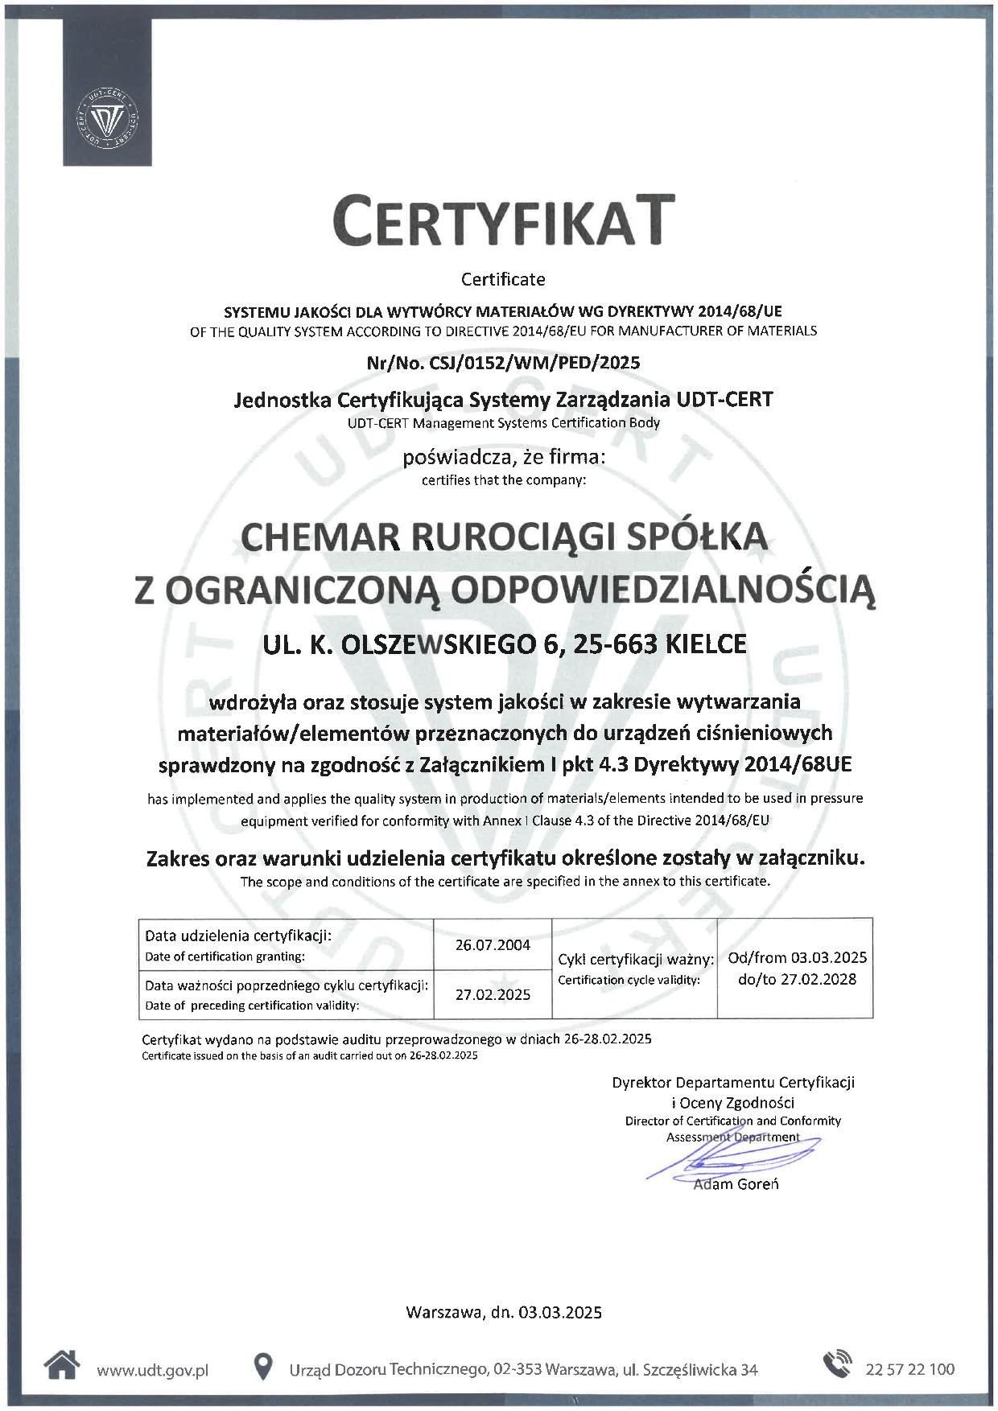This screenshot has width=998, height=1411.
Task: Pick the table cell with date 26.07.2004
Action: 493,945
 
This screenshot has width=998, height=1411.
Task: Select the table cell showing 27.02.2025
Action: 493,994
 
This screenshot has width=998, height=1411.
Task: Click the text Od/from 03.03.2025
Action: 797,957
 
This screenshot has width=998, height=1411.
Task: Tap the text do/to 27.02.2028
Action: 797,979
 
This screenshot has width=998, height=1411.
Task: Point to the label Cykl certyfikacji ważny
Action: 636,960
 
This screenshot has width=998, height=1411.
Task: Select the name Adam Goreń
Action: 736,1184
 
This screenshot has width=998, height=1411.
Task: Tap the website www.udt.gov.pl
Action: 152,1370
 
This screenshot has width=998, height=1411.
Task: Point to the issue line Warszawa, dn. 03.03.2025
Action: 504,1313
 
